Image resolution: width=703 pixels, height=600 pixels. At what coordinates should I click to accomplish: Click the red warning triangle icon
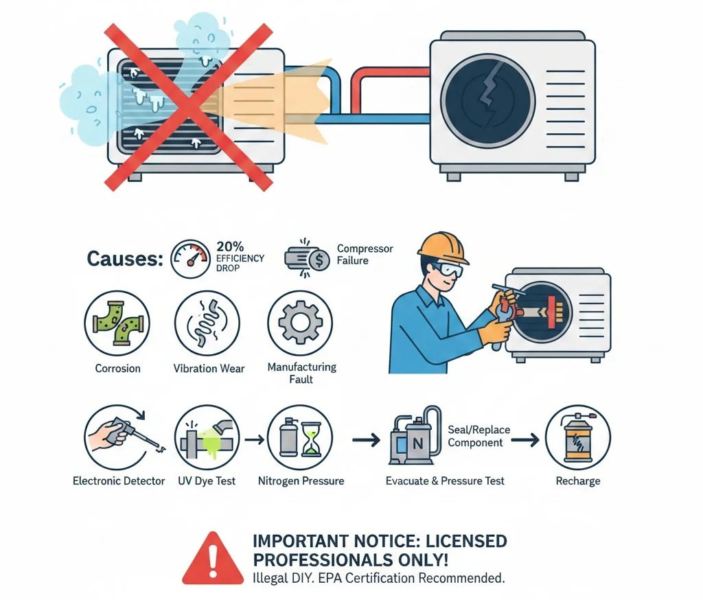(213, 559)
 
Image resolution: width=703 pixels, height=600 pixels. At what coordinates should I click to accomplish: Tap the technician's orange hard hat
(444, 248)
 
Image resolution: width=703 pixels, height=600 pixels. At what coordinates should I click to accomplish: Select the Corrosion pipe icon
(117, 323)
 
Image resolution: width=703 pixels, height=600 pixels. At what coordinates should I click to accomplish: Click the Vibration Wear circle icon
(207, 323)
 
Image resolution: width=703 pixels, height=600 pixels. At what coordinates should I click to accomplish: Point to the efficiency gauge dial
(191, 259)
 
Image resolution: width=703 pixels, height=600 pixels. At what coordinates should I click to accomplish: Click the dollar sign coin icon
(319, 260)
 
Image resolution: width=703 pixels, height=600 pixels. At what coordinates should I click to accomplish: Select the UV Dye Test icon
(207, 437)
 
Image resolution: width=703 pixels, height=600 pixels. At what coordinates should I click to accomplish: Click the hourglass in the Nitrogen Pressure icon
(310, 438)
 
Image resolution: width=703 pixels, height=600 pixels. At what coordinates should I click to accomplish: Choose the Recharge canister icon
(578, 437)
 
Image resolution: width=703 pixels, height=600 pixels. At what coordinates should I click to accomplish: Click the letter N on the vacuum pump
(418, 444)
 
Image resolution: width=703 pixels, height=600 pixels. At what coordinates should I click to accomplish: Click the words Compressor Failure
(365, 254)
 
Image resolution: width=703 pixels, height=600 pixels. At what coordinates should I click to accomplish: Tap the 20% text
(230, 246)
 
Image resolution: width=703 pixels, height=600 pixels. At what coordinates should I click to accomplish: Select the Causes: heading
(125, 259)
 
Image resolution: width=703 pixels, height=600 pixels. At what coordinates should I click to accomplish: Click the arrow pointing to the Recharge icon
(525, 440)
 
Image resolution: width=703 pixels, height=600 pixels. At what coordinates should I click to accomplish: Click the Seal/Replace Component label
(479, 437)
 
